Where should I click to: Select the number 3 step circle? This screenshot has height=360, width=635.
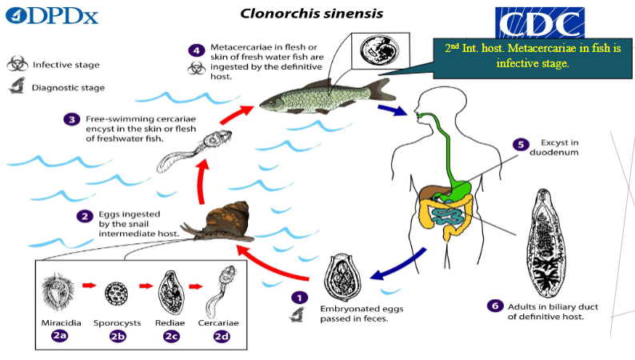point(71,120)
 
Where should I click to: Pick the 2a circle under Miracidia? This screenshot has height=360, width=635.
point(58,336)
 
